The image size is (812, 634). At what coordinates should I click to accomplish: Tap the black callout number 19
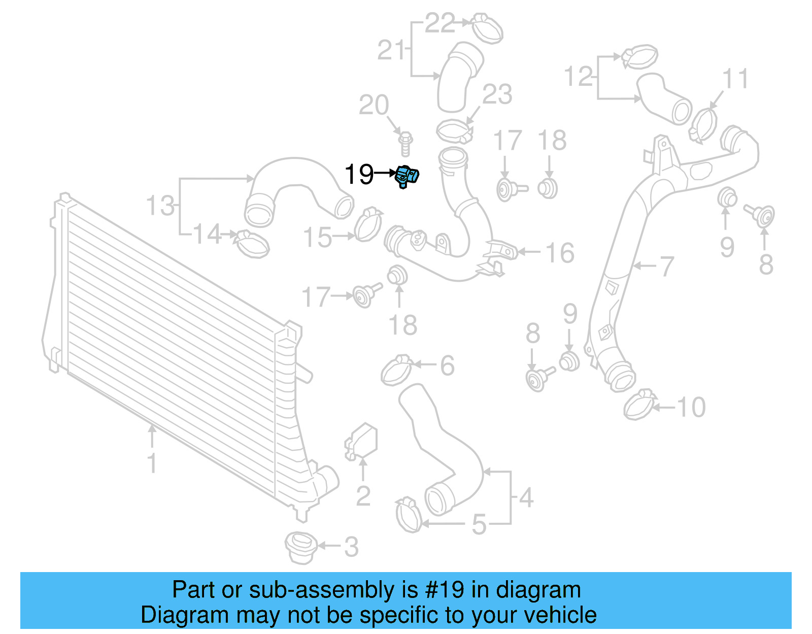tap(359, 175)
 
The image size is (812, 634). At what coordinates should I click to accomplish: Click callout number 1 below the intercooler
tap(152, 463)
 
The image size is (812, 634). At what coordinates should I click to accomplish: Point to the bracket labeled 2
tap(362, 441)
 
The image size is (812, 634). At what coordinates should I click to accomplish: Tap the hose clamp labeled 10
tap(639, 405)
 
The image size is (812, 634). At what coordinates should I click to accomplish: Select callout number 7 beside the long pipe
tap(666, 266)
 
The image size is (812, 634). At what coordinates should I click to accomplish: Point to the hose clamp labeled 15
tap(368, 224)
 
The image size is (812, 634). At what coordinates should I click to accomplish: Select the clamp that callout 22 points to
tap(487, 28)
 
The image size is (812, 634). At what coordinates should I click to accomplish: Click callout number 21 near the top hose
tap(391, 50)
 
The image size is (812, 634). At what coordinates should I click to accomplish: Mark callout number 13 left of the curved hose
tap(160, 206)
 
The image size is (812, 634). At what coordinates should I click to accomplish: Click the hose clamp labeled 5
tap(409, 515)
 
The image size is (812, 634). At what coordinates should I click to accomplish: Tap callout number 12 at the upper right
tap(578, 77)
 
